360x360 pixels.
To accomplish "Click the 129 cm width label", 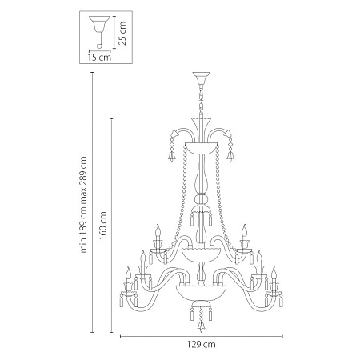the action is (x=201, y=345).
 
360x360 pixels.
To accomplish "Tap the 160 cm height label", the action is (x=103, y=226).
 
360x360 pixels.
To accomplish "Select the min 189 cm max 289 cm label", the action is (x=83, y=205).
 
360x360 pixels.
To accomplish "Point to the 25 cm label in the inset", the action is (x=122, y=34).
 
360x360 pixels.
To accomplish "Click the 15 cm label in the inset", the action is (x=99, y=57).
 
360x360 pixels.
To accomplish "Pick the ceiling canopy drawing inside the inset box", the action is (x=99, y=32).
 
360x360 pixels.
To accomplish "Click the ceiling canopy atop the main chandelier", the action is (x=201, y=78).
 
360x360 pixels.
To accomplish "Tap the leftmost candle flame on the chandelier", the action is (x=129, y=272).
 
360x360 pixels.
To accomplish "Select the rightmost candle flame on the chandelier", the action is (x=274, y=272).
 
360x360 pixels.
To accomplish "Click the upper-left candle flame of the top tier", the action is (x=158, y=230).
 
